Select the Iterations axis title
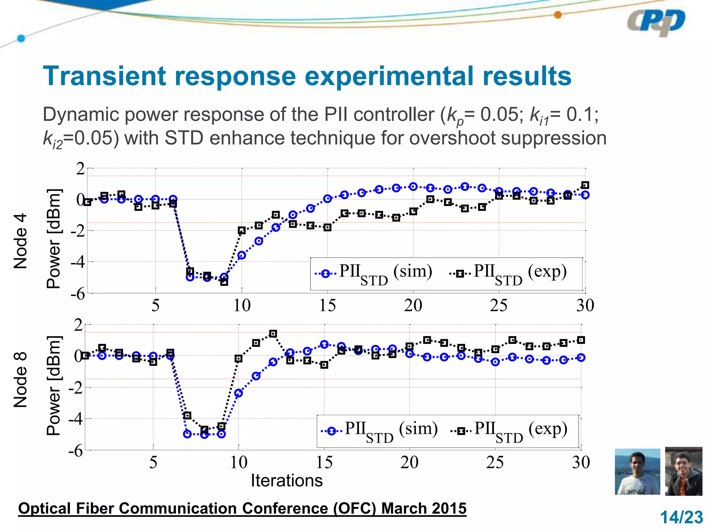[x=287, y=481]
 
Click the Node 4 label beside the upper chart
[x=20, y=241]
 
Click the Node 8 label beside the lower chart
[x=20, y=380]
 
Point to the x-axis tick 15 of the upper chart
[x=327, y=306]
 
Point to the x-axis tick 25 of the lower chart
[x=495, y=463]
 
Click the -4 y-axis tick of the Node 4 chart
[x=77, y=262]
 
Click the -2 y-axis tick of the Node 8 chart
[x=75, y=388]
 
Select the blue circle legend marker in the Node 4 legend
[x=325, y=274]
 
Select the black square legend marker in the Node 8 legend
[x=461, y=431]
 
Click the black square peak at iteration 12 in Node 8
[x=273, y=334]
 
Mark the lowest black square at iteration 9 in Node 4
[x=224, y=282]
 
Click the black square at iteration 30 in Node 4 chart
[x=585, y=185]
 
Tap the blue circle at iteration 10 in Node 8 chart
[x=238, y=393]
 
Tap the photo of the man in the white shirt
[x=637, y=472]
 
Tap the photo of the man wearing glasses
[x=683, y=472]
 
